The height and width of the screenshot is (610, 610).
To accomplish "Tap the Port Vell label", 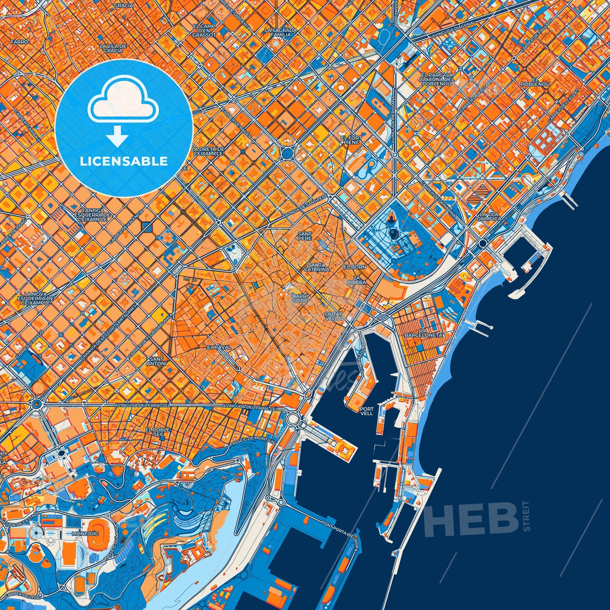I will (366, 410).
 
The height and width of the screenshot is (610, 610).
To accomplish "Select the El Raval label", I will (219, 347).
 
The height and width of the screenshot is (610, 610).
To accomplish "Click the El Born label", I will (355, 267).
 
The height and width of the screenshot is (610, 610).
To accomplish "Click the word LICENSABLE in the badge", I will (124, 162).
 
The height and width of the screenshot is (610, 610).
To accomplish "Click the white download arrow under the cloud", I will (117, 136).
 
